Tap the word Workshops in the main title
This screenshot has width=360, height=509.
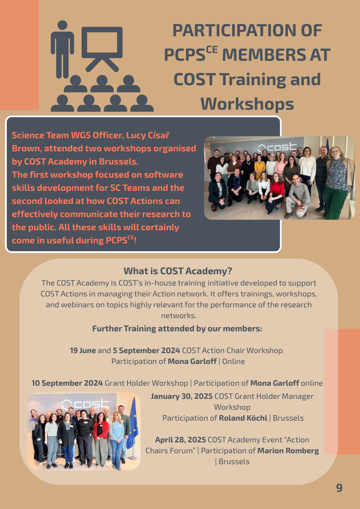[x=247, y=104]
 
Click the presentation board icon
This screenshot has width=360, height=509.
[x=102, y=48]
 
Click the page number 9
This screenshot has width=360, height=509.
[x=339, y=488]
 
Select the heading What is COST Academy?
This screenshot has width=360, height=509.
[x=178, y=271]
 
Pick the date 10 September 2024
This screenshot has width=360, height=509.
[x=67, y=383]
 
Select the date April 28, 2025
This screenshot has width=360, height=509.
[x=180, y=440]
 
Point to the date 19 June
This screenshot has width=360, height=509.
[x=83, y=350]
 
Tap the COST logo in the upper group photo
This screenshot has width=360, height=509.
[x=277, y=147]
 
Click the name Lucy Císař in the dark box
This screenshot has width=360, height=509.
[x=151, y=135]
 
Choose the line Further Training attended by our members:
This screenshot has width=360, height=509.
[x=177, y=329]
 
